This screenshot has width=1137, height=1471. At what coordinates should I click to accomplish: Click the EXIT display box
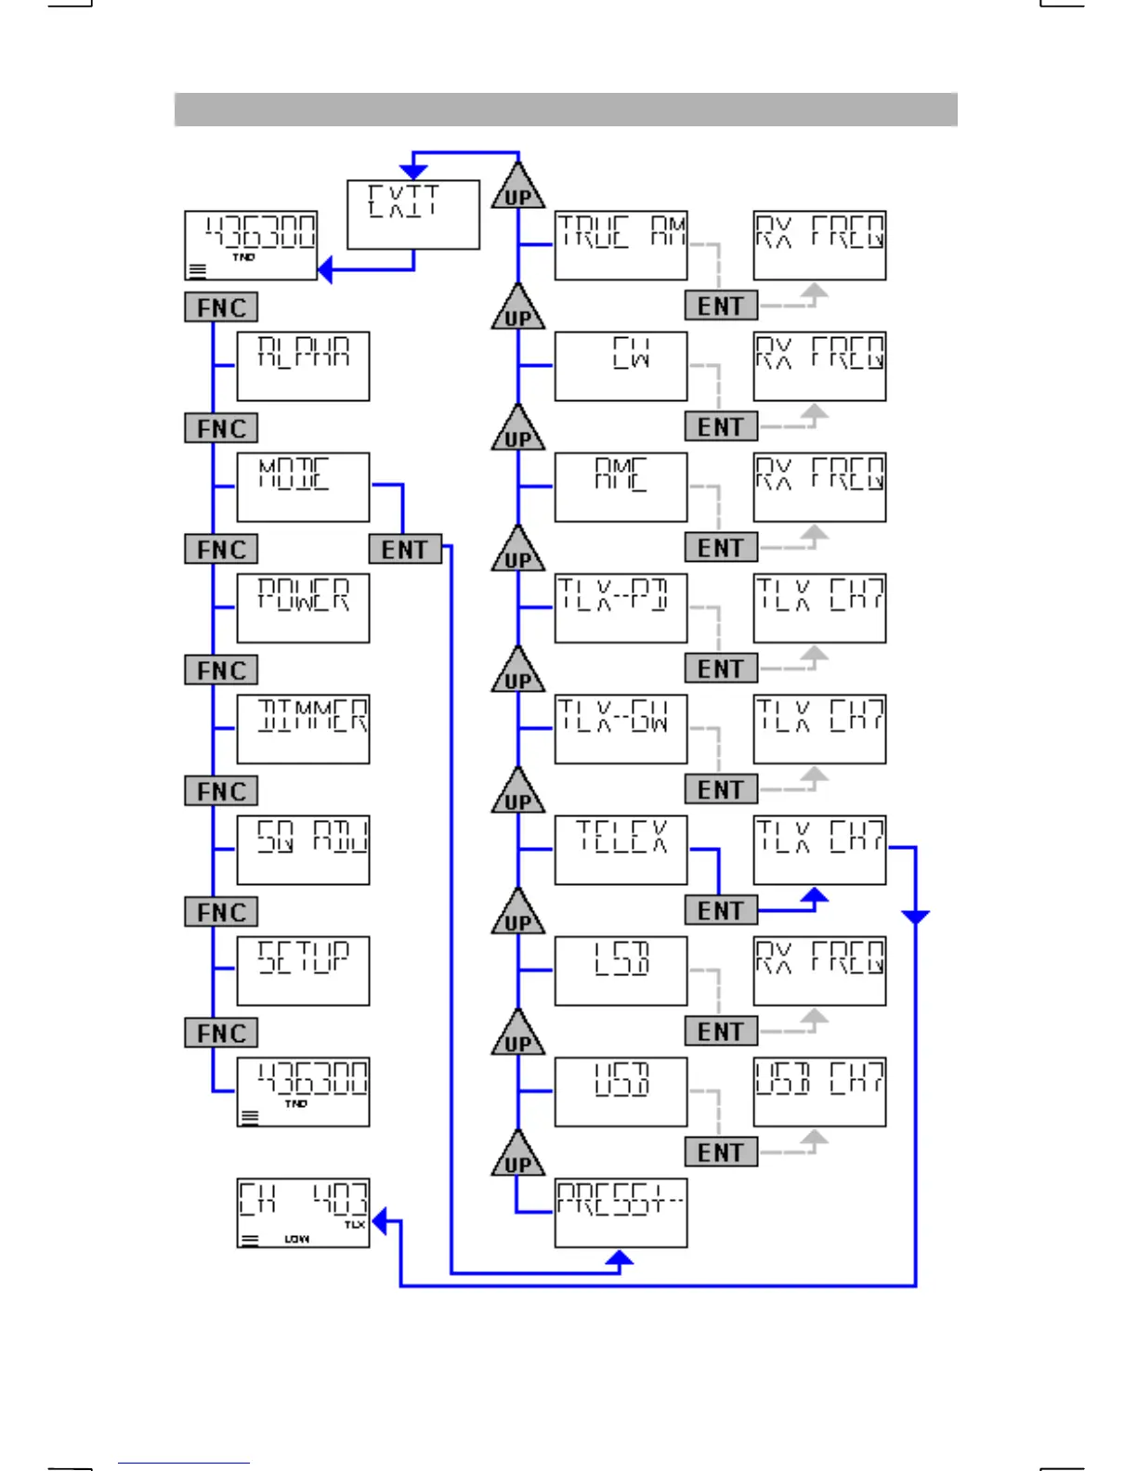[413, 215]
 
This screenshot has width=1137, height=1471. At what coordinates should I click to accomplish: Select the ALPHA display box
[303, 366]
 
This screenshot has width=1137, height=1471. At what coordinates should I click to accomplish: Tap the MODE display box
[303, 487]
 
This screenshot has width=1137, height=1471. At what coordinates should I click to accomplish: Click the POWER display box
[303, 607]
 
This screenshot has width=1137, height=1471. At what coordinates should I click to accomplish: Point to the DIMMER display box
[303, 729]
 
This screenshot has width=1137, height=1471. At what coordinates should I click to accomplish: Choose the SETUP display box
[303, 970]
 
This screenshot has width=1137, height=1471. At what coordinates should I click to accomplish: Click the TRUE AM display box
[621, 245]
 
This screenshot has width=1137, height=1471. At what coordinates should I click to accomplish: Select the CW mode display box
[621, 366]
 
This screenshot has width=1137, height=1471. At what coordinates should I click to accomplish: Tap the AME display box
[621, 487]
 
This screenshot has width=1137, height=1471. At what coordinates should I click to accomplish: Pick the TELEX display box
[621, 850]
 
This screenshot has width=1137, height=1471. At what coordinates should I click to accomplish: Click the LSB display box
[621, 970]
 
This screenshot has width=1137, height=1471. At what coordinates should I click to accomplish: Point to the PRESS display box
[621, 1213]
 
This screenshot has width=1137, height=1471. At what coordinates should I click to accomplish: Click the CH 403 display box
[303, 1213]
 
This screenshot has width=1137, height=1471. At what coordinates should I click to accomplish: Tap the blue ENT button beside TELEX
[721, 911]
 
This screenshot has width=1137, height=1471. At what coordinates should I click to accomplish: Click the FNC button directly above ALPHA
[221, 307]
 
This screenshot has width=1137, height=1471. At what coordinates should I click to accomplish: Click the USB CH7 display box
[819, 1091]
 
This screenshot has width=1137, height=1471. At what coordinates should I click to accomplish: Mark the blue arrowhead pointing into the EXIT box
[413, 172]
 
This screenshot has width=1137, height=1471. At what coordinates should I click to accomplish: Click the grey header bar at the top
[566, 110]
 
